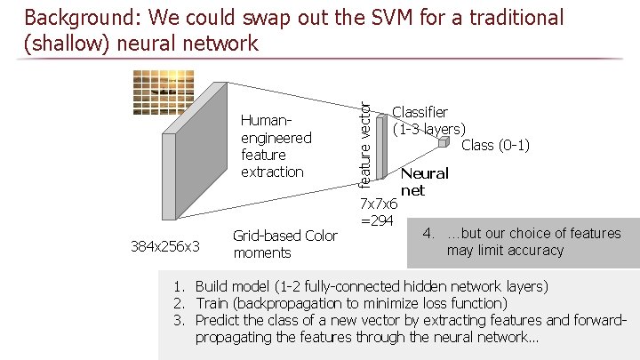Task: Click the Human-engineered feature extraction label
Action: coord(276,146)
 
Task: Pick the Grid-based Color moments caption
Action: coord(284,244)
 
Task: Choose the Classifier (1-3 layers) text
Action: coord(428,120)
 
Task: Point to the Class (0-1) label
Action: coord(495,145)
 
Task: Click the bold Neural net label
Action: coord(423,181)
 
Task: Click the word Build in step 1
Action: coord(212,286)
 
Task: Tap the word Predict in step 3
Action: coord(218,320)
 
